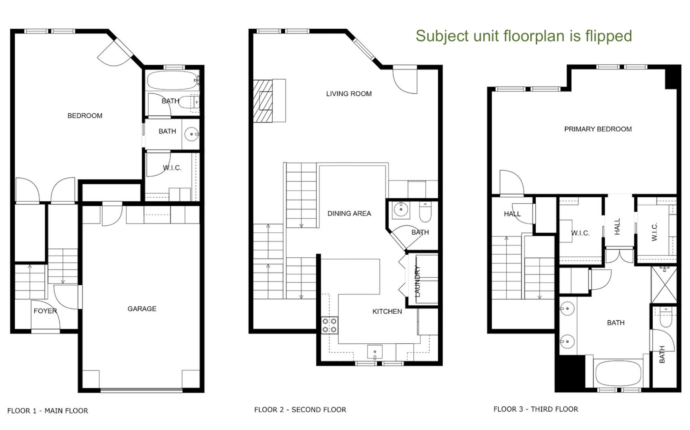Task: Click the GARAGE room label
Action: click(x=142, y=309)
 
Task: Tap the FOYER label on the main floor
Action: click(x=45, y=311)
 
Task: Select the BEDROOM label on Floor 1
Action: click(x=85, y=116)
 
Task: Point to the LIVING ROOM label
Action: click(x=349, y=94)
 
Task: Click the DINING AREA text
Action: click(x=349, y=213)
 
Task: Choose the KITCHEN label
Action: click(x=387, y=311)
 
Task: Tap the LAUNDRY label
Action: click(x=417, y=281)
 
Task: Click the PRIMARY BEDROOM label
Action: click(x=598, y=129)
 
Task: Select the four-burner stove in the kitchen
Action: click(x=330, y=325)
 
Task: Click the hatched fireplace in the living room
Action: click(x=263, y=101)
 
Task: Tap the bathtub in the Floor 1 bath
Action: click(x=172, y=80)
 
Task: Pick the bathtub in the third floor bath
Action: click(x=618, y=373)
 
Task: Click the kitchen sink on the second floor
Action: click(x=375, y=352)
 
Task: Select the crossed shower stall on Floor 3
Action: click(x=664, y=285)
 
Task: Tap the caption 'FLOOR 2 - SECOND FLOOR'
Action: click(x=300, y=409)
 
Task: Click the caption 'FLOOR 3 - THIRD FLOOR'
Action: click(x=536, y=409)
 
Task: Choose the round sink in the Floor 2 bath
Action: click(x=401, y=209)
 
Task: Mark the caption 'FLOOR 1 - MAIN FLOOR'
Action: click(x=48, y=410)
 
